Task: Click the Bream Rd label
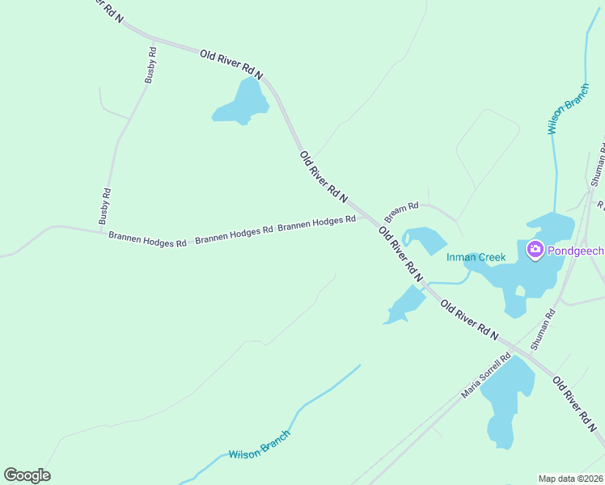point(401,213)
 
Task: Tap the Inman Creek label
point(476,258)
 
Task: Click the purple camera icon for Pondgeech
point(534,250)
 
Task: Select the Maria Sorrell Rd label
point(486,377)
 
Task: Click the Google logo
point(27,475)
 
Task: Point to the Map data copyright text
point(571,478)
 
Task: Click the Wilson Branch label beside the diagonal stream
point(259,444)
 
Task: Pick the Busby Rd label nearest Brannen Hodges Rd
point(105,207)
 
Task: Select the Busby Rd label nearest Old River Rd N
point(150,65)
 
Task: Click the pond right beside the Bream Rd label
point(427,240)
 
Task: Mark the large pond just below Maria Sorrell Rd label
point(508,400)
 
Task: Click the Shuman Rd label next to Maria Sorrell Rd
point(543,329)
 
